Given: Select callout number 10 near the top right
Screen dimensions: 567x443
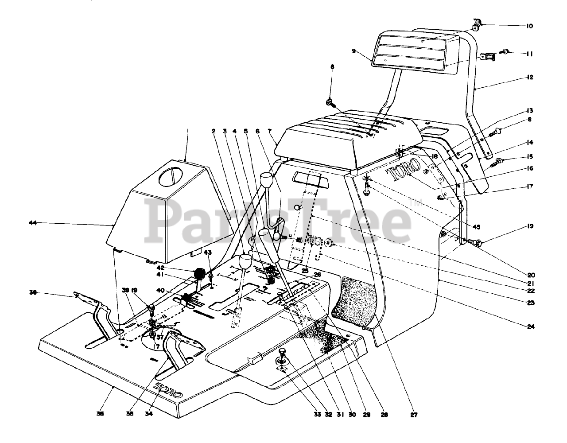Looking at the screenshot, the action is click(529, 26).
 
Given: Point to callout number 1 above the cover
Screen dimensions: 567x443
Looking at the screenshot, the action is click(187, 131).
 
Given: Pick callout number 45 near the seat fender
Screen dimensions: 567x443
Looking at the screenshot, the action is click(476, 227).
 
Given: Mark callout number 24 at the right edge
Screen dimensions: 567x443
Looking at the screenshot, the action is click(531, 327).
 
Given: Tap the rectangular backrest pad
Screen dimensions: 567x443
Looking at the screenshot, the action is click(416, 52).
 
